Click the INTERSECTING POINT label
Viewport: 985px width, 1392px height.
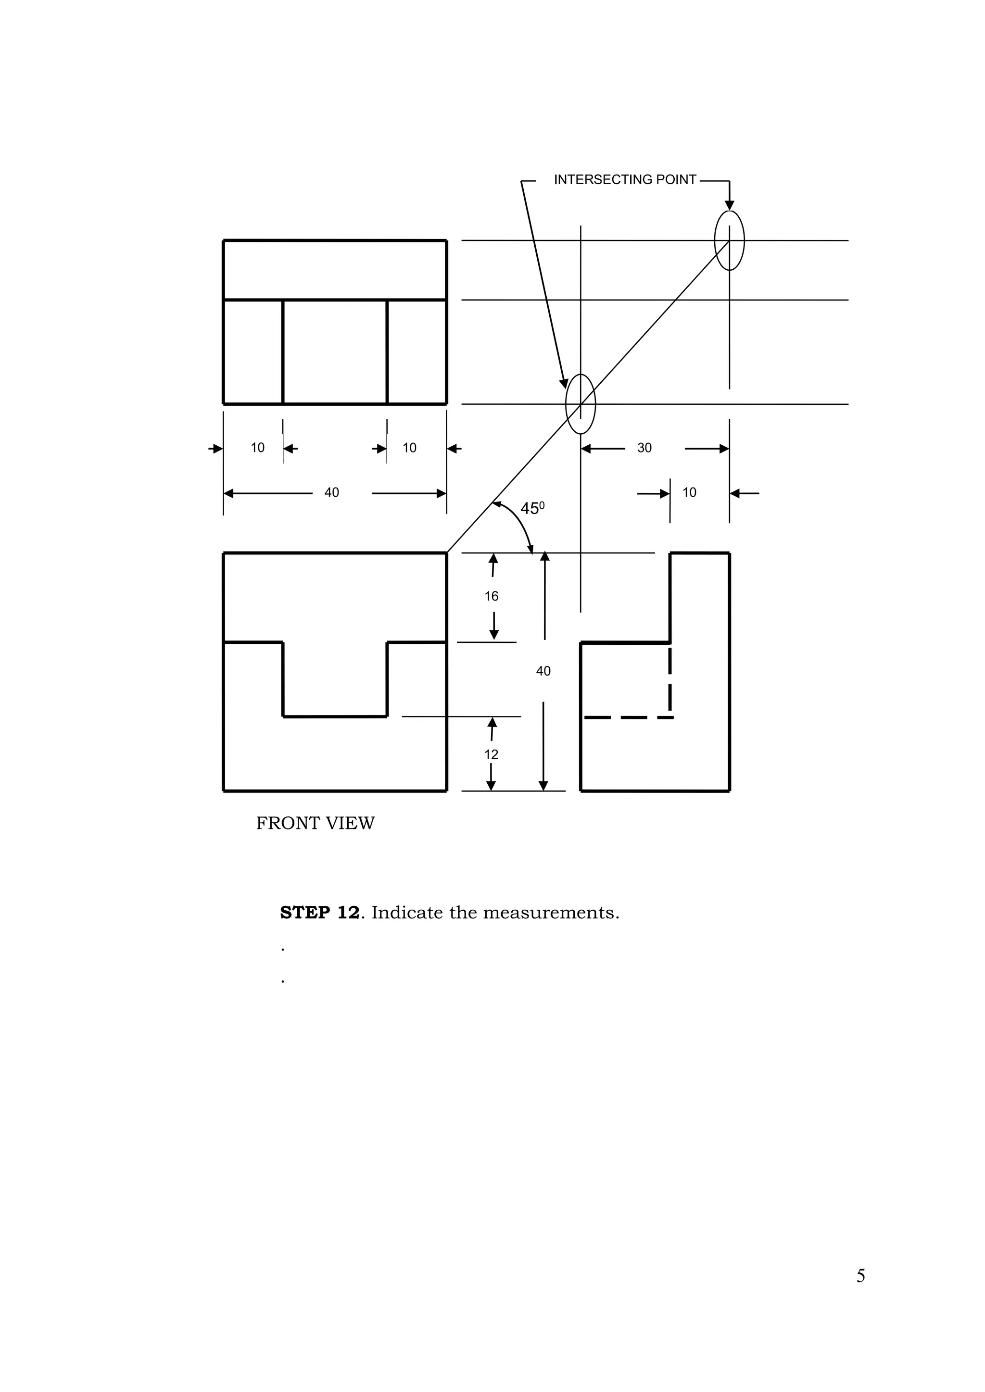(625, 180)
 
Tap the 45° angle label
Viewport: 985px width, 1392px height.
(532, 509)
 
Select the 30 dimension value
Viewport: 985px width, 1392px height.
(644, 448)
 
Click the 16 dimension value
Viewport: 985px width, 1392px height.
(491, 597)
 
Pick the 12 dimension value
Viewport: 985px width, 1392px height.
(491, 755)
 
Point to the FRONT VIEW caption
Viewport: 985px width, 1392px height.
(316, 823)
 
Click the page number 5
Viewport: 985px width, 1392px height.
(860, 1276)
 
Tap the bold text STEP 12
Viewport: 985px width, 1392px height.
(320, 913)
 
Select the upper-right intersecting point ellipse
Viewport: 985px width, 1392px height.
(729, 241)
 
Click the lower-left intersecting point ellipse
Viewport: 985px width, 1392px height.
(581, 404)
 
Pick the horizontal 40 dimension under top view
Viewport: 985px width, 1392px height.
(332, 493)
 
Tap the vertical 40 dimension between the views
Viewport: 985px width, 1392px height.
(543, 671)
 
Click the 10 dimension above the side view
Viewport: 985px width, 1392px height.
(690, 493)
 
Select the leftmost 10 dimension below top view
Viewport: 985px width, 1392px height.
(258, 448)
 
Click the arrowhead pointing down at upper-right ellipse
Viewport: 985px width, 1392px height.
(730, 205)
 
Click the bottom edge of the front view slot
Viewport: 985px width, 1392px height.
(335, 716)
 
